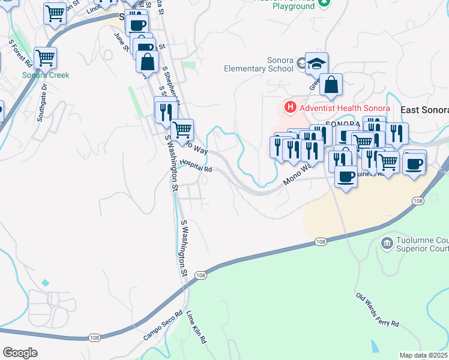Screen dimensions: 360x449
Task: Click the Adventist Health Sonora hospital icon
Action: [x=291, y=108]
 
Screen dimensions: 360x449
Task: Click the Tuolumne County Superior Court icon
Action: [x=387, y=242]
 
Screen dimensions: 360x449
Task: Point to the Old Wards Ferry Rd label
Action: [x=377, y=310]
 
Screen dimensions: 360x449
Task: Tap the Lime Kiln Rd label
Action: [x=196, y=326]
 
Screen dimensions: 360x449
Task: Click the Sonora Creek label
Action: [x=46, y=75]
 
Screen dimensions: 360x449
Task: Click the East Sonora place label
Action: [x=424, y=110]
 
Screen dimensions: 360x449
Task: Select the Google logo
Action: [x=20, y=353]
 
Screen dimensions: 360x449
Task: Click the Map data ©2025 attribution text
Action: [x=423, y=355]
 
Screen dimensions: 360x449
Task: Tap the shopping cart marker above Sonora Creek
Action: [x=46, y=58]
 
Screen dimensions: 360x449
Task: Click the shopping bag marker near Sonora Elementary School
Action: [x=331, y=85]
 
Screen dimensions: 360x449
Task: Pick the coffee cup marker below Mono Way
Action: [x=346, y=176]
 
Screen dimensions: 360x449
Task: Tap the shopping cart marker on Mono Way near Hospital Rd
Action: [x=182, y=128]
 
